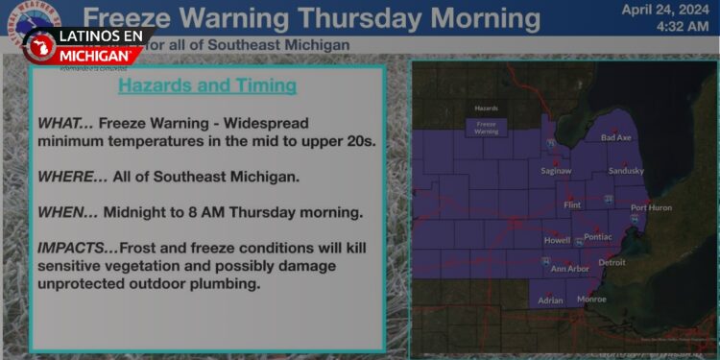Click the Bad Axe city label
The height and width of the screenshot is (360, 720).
615,138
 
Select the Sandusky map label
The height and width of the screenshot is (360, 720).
626,171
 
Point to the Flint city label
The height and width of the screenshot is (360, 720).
572,205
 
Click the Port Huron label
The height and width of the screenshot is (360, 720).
651,207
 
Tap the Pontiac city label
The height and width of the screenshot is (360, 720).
597,236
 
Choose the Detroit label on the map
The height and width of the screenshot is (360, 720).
612,262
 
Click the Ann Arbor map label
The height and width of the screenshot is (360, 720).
569,269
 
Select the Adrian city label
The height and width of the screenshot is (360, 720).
550,300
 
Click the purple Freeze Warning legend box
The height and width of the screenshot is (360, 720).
487,128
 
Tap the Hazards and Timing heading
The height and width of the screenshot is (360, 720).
206,86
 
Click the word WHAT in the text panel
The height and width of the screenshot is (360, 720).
60,123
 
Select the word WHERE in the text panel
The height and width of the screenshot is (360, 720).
66,177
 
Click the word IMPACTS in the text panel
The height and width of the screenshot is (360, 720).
72,248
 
